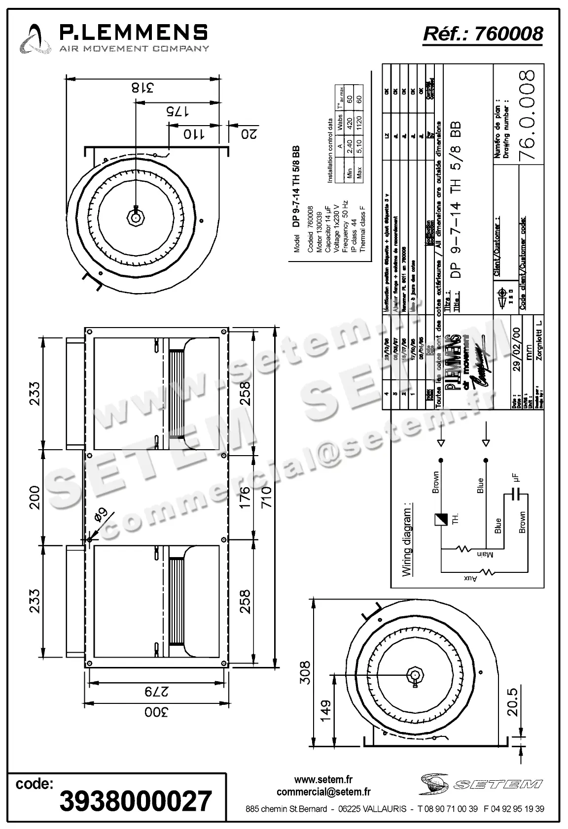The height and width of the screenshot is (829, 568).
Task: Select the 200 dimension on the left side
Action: click(x=34, y=497)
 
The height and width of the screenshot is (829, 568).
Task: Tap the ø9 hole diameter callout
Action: click(x=101, y=515)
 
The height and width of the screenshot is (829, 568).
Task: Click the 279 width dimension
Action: click(x=156, y=691)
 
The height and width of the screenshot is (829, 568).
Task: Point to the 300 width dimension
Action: click(x=156, y=712)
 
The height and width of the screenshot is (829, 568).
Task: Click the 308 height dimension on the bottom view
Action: click(x=306, y=672)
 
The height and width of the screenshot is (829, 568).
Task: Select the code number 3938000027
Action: click(x=135, y=801)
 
